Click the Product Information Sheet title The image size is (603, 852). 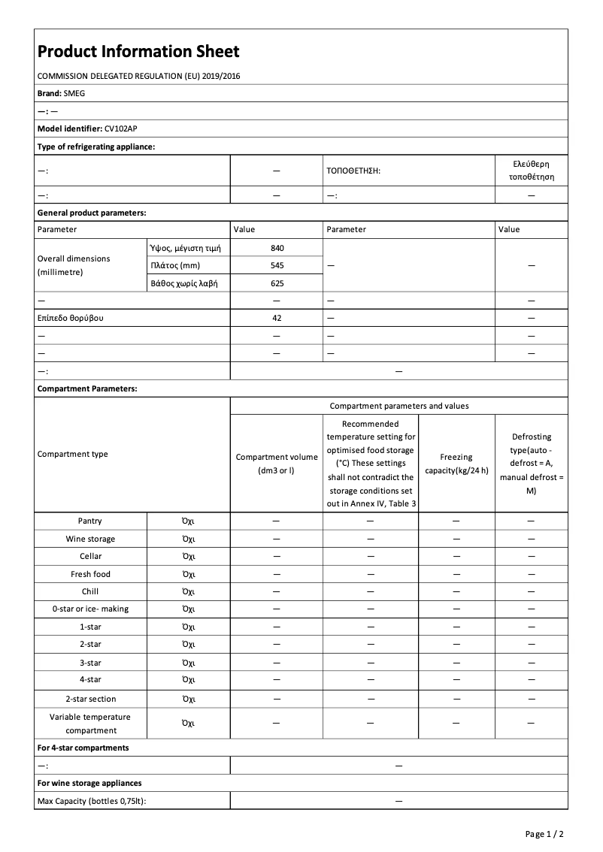coord(138,51)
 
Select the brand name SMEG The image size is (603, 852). coord(75,93)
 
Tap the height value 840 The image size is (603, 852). coord(277,248)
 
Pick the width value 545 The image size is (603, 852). coord(277,265)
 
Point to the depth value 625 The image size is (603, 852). coord(277,283)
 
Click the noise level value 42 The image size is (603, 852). coord(277,318)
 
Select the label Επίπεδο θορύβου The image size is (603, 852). coord(71,318)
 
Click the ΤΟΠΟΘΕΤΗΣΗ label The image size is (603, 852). coord(353,171)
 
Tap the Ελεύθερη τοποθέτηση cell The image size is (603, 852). coord(531,171)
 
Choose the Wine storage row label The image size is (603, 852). coord(90,539)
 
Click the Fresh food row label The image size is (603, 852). coord(90,574)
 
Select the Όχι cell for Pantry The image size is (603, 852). coord(189,521)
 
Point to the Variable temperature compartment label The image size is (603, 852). coord(90,724)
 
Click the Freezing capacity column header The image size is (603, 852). coord(456,464)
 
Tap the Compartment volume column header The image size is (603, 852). coord(277,464)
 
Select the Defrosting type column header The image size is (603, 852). coord(531,464)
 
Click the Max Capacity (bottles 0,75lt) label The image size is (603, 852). coord(92,801)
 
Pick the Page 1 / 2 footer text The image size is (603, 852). coord(544,834)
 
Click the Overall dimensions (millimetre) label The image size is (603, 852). coord(74,265)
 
